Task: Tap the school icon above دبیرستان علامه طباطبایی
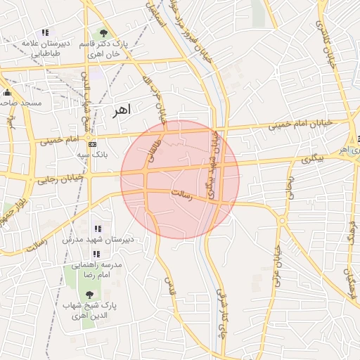click(x=46, y=32)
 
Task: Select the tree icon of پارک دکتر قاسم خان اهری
click(x=104, y=32)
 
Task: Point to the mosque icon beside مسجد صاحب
click(x=8, y=93)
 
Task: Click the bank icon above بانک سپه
click(x=93, y=143)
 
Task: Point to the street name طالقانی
click(x=156, y=147)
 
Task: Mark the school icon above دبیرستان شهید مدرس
click(x=97, y=229)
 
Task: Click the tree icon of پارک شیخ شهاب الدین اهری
click(x=88, y=295)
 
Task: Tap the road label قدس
click(x=169, y=285)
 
